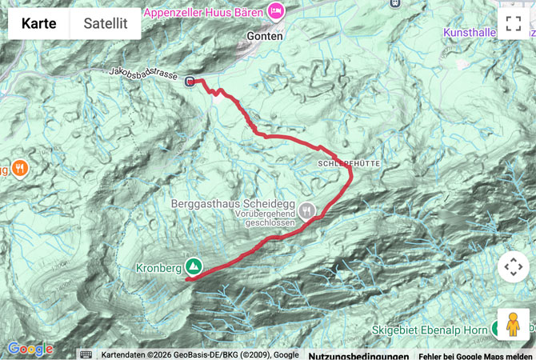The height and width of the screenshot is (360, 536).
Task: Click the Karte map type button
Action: [x=38, y=23]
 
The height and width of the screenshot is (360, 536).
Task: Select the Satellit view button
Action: [x=106, y=23]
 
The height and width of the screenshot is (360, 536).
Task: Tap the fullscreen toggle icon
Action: [x=513, y=23]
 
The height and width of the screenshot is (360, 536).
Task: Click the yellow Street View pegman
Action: [x=513, y=326]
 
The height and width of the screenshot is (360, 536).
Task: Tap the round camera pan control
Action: [x=513, y=267]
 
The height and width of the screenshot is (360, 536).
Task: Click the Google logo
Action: [x=30, y=349]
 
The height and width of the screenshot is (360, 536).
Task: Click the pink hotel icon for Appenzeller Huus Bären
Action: [x=276, y=10]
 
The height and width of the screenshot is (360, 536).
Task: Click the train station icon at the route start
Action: [x=190, y=81]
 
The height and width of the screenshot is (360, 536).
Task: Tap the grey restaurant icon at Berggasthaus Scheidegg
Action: [x=308, y=211]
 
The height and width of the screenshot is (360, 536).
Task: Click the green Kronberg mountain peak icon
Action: [x=193, y=266]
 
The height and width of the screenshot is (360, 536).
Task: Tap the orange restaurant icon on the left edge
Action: [x=19, y=169]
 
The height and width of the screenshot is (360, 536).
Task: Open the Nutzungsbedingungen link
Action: [x=358, y=355]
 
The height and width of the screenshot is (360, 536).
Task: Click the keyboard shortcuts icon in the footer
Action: [x=86, y=354]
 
